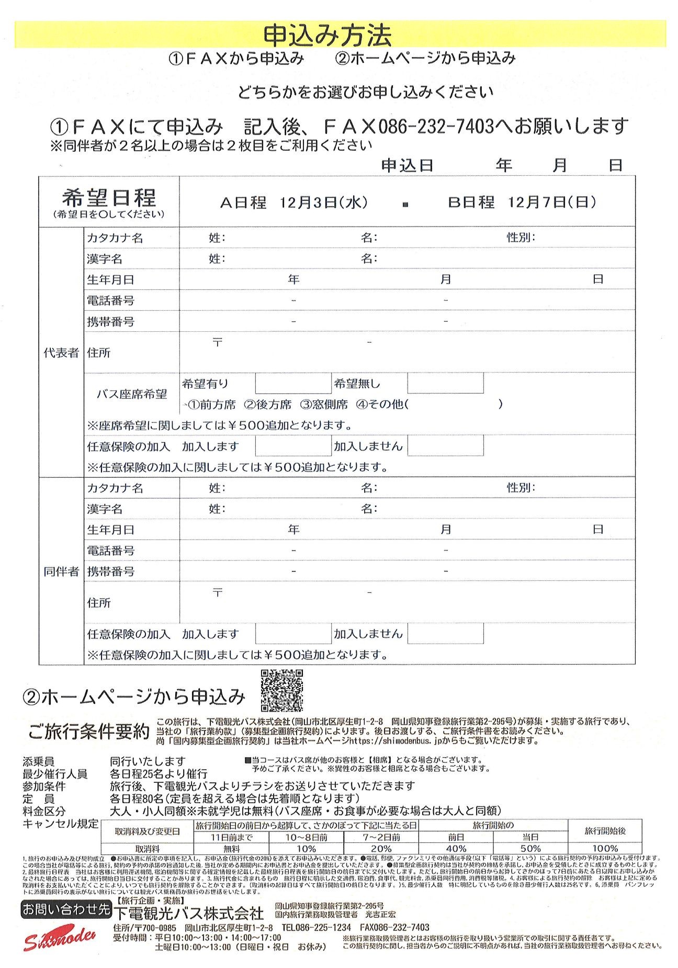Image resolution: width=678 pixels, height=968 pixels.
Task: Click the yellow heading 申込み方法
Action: click(x=327, y=36)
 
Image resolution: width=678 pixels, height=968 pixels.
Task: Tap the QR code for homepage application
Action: click(x=281, y=690)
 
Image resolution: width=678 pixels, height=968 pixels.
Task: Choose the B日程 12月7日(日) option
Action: click(x=522, y=202)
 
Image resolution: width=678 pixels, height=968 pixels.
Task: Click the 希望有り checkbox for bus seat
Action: click(x=293, y=384)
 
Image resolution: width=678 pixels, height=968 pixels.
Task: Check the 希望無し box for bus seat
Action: click(x=445, y=384)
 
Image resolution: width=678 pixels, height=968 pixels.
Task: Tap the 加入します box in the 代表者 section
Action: click(x=293, y=446)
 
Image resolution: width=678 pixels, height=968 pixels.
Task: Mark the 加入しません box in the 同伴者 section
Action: click(x=445, y=634)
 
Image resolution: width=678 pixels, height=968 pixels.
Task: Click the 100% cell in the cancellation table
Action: click(x=605, y=849)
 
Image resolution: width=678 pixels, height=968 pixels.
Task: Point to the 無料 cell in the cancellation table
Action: click(x=232, y=849)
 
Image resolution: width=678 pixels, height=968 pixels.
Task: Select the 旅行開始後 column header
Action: click(x=605, y=831)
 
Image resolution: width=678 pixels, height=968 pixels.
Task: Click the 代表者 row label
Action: click(x=61, y=353)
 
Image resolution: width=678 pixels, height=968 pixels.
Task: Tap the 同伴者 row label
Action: click(x=61, y=571)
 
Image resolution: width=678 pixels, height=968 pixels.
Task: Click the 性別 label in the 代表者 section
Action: click(x=521, y=238)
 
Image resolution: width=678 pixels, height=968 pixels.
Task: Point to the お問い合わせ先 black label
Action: click(x=66, y=910)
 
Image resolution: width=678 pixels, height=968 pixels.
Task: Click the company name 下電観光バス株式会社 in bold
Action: click(x=189, y=913)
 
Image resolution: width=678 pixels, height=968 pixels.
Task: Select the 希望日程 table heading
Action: click(x=109, y=198)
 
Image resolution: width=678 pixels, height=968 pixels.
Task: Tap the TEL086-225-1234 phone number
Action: click(x=316, y=928)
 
